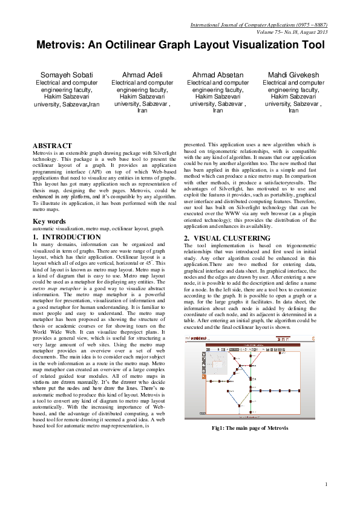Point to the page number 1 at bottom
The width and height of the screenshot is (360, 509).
click(326, 484)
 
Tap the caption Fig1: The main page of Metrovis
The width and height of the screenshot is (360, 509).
click(249, 428)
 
